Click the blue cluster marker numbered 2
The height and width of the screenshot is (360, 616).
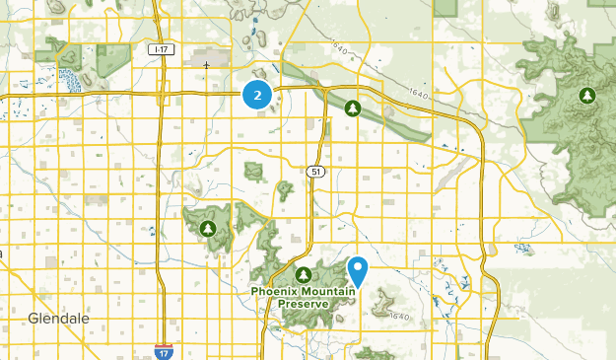pos(257,96)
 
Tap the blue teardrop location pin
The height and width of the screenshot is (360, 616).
pos(359,268)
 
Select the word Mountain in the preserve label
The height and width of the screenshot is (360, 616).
pos(327,292)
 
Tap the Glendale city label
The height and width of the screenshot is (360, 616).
pos(58,320)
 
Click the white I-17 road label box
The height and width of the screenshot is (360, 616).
pos(160,48)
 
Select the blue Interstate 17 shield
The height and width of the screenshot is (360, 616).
pos(161,350)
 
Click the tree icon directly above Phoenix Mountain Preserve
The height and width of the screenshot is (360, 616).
pos(304,273)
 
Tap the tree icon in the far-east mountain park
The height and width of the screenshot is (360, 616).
pos(587,96)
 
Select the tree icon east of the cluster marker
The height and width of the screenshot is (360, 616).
pos(353,108)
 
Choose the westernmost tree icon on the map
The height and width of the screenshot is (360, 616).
pos(207,229)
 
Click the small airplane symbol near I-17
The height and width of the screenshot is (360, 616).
pos(206,66)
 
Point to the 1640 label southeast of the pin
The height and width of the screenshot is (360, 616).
pos(399,316)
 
